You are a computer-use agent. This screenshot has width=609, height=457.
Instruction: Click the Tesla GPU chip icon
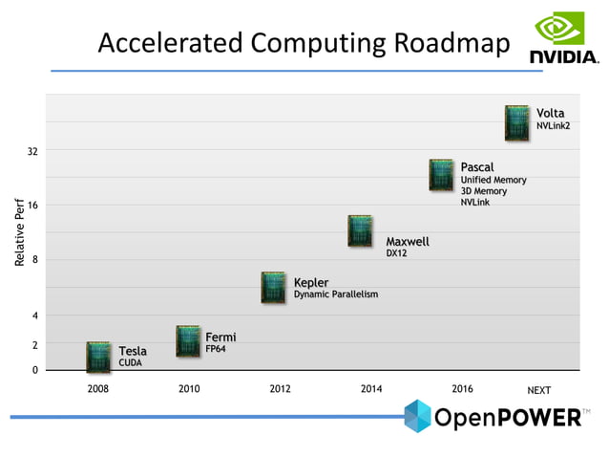[98, 357]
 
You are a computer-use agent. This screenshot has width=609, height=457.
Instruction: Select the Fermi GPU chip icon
[188, 341]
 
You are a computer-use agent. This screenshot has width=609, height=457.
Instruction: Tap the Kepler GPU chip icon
[274, 288]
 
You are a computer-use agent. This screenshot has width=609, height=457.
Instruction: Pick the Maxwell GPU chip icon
[360, 231]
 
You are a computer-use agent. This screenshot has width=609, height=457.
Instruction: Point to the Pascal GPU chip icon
[441, 175]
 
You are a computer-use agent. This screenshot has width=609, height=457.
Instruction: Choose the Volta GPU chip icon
[516, 123]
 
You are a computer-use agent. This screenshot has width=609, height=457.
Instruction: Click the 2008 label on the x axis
[98, 389]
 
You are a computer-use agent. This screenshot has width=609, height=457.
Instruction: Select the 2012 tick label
[280, 389]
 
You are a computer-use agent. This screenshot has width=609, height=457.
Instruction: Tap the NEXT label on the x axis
[539, 390]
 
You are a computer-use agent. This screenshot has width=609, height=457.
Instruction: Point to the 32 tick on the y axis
[32, 151]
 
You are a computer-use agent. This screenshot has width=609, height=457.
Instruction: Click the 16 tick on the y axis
[32, 206]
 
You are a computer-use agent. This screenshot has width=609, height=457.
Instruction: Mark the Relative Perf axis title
[18, 232]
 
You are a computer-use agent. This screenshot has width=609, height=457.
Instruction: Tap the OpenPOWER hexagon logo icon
[416, 416]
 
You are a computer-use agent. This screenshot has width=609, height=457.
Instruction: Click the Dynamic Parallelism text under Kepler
[335, 294]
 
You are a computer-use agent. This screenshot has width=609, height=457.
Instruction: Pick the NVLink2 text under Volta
[553, 126]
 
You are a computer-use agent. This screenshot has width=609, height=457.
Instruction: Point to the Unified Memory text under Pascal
[493, 180]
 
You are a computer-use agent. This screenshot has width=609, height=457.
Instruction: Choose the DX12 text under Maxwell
[396, 253]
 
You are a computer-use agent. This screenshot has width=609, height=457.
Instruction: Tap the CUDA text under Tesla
[130, 363]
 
